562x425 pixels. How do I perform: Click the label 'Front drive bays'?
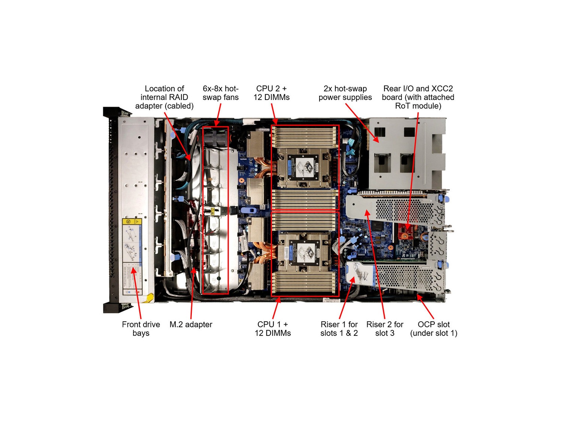tap(141, 329)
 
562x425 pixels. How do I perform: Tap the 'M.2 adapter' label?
tap(191, 325)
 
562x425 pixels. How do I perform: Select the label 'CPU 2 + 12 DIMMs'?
tap(271, 93)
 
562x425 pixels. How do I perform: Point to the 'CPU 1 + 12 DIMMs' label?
tap(272, 329)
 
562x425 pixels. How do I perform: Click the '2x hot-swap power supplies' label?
tap(345, 93)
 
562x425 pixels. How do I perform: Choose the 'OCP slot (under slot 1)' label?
tap(433, 329)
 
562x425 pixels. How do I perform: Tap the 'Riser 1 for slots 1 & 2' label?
tap(339, 329)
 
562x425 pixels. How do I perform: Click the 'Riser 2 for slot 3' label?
tap(385, 329)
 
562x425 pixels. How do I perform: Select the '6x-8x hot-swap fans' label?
tap(220, 93)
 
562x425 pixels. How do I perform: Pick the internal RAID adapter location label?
tap(164, 97)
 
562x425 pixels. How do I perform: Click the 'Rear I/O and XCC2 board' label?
tap(418, 97)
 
